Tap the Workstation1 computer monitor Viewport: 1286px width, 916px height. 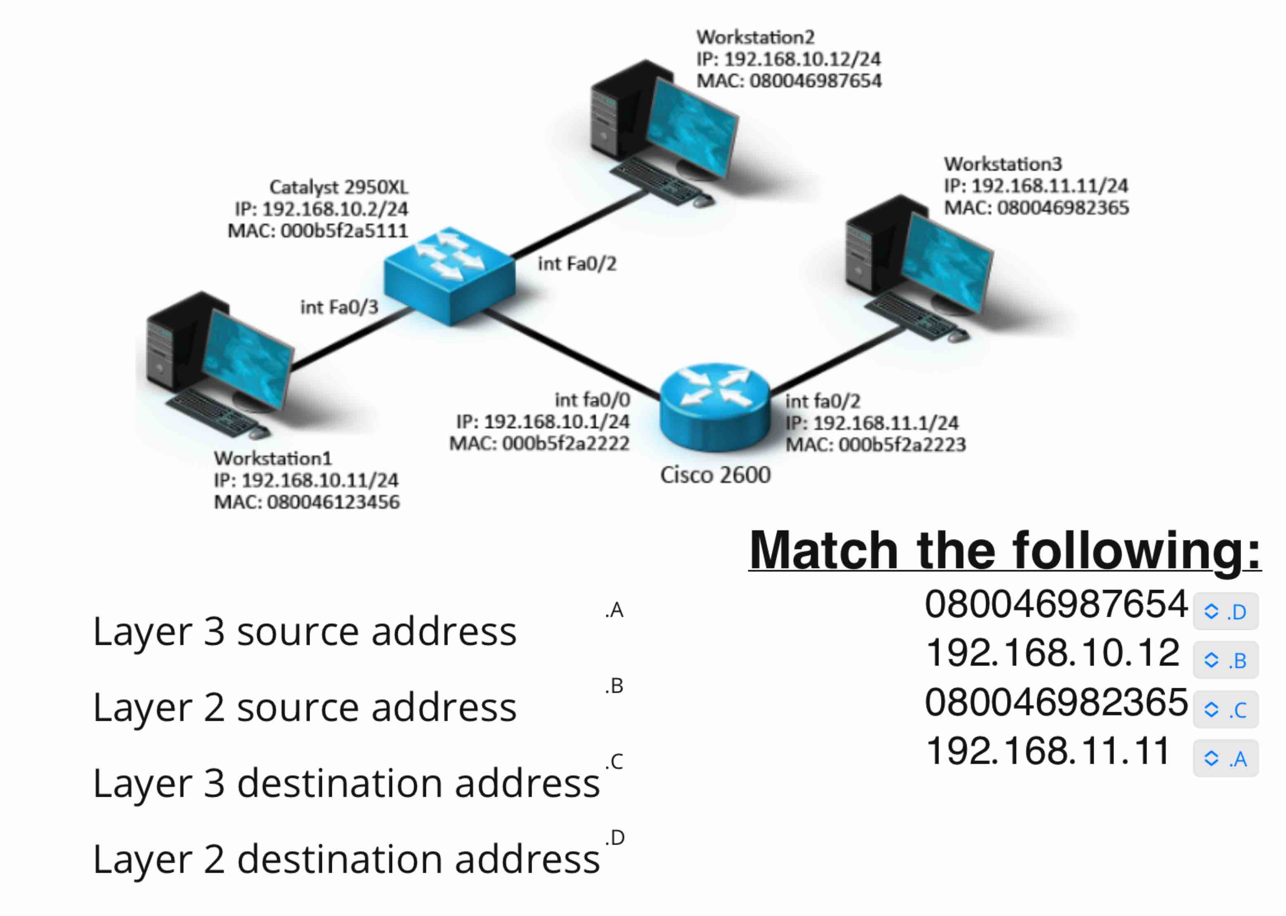[x=248, y=359]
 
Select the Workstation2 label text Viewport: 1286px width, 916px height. [x=755, y=37]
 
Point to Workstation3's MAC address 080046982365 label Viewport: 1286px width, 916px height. [x=1036, y=208]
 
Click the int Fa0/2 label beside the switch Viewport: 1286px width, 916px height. [x=577, y=263]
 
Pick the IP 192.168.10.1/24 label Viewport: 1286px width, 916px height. [x=542, y=421]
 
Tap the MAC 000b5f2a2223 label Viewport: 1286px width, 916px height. [x=876, y=445]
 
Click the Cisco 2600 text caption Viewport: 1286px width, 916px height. [x=715, y=475]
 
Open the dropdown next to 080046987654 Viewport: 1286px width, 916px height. [x=1225, y=611]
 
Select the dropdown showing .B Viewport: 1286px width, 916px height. [x=1225, y=660]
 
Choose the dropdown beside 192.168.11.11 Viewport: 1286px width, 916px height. [x=1225, y=758]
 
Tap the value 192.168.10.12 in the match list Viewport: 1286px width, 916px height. [x=1052, y=653]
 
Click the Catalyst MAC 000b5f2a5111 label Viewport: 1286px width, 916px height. [x=317, y=231]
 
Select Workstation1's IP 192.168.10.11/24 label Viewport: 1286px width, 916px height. [x=305, y=480]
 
